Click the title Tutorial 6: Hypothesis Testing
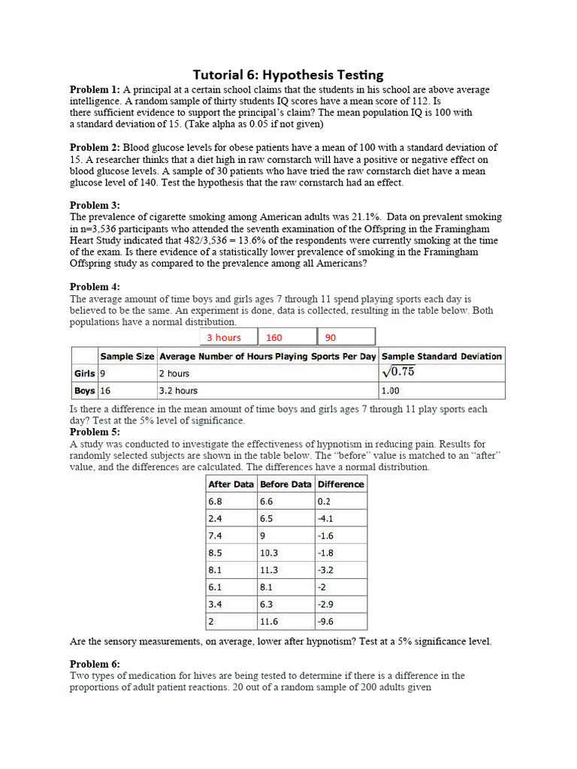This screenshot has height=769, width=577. (x=288, y=74)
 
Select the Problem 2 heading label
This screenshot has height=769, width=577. (x=95, y=147)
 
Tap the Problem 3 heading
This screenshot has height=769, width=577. (x=95, y=205)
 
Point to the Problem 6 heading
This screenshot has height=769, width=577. (x=95, y=664)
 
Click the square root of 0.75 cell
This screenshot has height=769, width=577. (x=398, y=372)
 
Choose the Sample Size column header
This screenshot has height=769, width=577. (x=127, y=356)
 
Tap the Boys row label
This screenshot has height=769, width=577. (x=84, y=391)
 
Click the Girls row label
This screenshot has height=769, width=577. (x=84, y=373)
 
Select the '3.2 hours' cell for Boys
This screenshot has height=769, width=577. (x=178, y=391)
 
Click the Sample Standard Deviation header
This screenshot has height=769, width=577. (x=441, y=356)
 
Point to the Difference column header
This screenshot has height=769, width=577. (x=340, y=484)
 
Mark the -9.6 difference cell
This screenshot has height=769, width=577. (x=328, y=622)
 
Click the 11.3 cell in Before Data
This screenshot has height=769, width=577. (x=269, y=570)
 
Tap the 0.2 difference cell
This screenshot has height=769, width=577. (x=325, y=502)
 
